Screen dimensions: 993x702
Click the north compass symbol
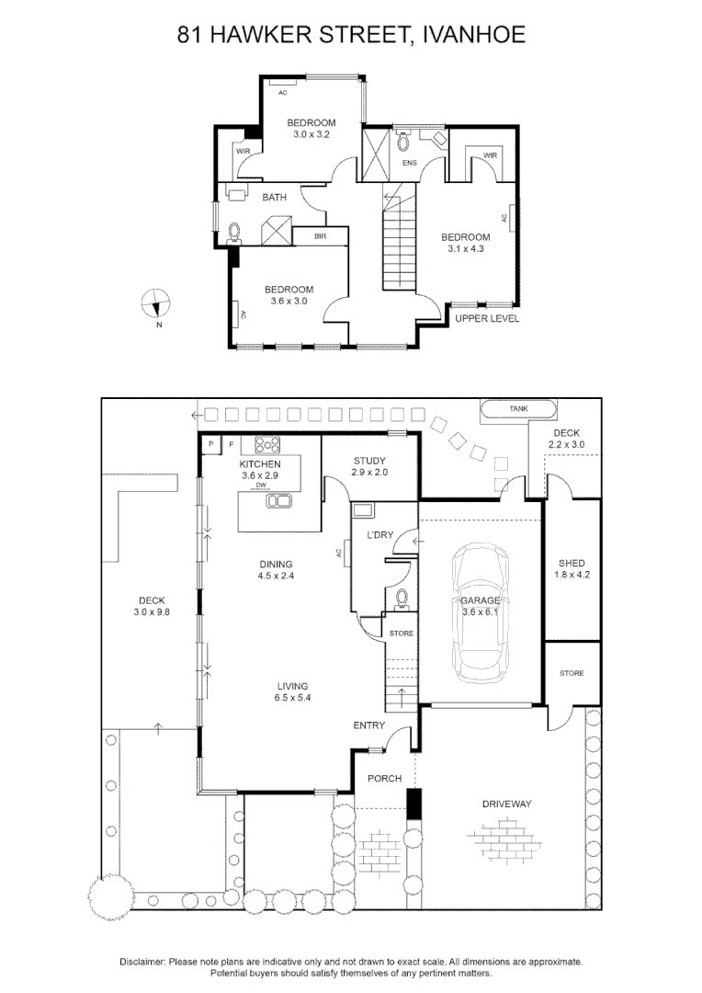click(157, 302)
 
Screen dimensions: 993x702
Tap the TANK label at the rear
click(519, 408)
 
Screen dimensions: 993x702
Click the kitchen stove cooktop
click(267, 445)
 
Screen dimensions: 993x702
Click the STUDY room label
click(369, 461)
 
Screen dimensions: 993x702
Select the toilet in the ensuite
click(402, 143)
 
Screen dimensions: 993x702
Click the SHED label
click(572, 563)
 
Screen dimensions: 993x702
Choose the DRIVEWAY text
click(507, 804)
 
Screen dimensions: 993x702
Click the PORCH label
click(384, 778)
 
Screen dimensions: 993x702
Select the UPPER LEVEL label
click(487, 319)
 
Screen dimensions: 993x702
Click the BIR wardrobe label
click(320, 236)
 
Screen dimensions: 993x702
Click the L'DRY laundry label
click(380, 534)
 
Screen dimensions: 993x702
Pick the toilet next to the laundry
click(401, 599)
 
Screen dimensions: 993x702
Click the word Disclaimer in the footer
click(142, 961)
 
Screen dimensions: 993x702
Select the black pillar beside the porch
click(413, 803)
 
